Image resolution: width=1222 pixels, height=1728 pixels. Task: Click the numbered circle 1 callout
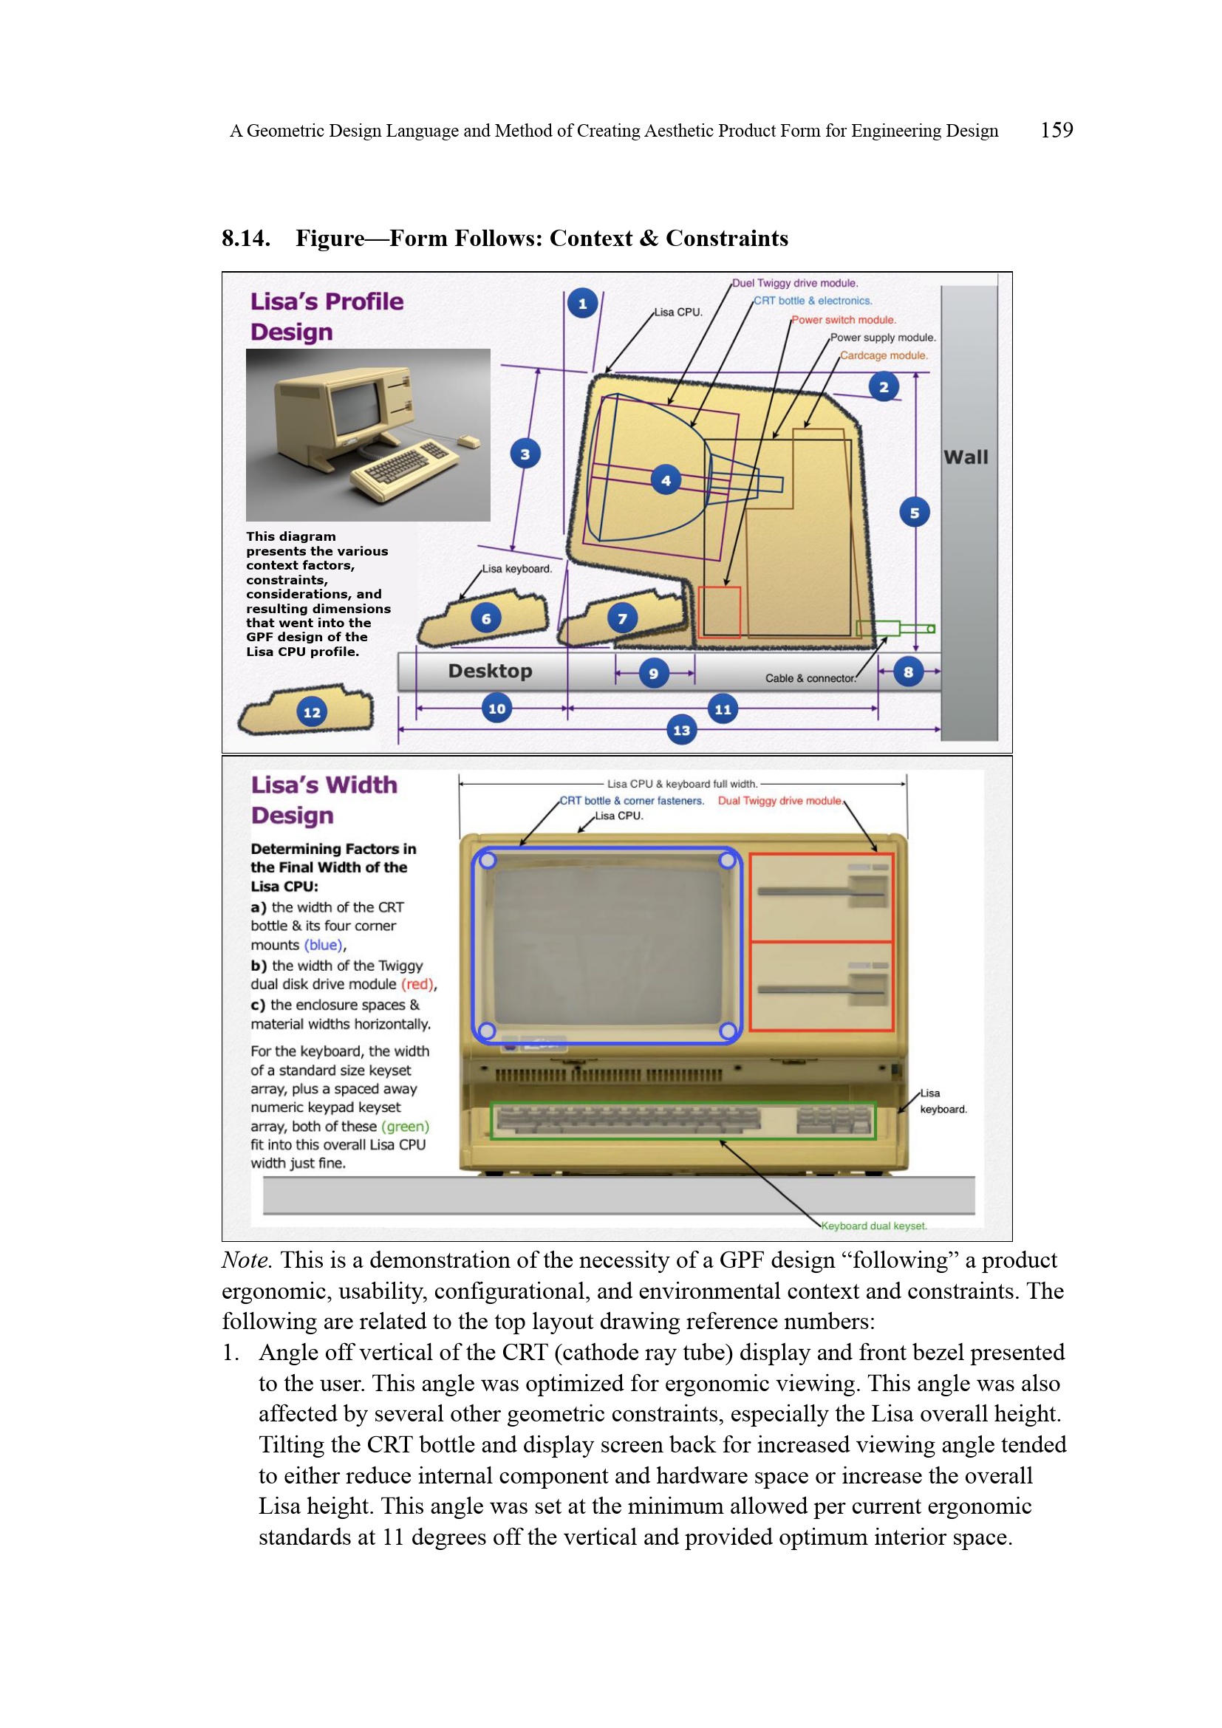[582, 304]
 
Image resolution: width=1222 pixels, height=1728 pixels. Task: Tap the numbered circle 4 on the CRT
[666, 480]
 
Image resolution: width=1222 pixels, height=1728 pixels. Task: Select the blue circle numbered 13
[682, 730]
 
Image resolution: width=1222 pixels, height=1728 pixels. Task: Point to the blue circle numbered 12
[312, 712]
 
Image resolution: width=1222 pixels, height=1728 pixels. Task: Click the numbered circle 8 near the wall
[908, 672]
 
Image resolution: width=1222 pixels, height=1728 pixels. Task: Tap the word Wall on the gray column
[966, 457]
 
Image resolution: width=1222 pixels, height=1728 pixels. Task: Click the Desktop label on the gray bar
[490, 671]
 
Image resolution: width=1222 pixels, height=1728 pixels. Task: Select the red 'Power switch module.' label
[843, 320]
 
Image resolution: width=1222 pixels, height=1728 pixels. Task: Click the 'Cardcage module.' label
[884, 355]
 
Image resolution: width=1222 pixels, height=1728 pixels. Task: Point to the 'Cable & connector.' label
[810, 678]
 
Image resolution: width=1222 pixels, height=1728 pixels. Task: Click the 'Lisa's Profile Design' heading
[327, 316]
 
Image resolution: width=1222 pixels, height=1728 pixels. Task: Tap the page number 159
[1057, 130]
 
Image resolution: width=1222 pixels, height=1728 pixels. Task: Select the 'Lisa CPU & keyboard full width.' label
[682, 783]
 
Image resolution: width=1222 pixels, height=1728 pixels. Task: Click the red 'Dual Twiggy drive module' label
[779, 801]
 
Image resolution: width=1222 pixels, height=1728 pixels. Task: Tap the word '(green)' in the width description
[405, 1126]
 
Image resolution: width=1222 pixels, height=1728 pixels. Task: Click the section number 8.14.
[246, 239]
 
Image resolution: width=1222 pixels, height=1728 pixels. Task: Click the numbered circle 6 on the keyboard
[486, 618]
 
